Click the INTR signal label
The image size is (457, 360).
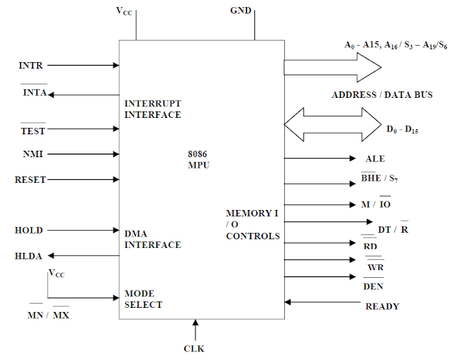(x=31, y=66)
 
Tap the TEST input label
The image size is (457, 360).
(x=33, y=131)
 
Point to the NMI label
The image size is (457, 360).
(x=30, y=153)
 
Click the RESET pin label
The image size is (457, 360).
(x=30, y=180)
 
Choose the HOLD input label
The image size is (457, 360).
(x=29, y=230)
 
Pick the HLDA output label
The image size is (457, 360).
(x=29, y=256)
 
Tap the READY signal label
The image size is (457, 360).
(x=382, y=306)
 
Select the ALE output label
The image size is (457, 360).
(x=375, y=159)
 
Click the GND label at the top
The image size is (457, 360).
(x=241, y=12)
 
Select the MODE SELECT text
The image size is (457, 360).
(x=144, y=299)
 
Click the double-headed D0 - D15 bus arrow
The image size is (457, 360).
(x=333, y=122)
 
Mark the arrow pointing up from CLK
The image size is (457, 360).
(x=194, y=330)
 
